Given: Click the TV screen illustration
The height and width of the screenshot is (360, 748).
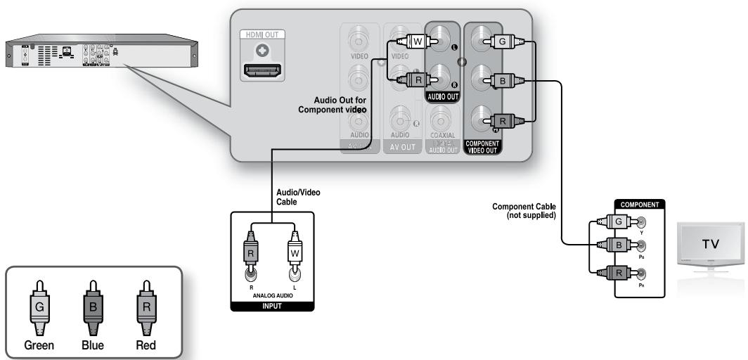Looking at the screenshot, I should coord(711,243).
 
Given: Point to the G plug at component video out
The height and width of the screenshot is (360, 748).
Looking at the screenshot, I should coord(504,41).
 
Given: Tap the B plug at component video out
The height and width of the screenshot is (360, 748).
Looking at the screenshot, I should coord(504,80).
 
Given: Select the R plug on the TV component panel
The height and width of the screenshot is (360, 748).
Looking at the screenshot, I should coord(609,271).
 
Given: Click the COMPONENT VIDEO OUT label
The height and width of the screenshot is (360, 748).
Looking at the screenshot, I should coord(482,147).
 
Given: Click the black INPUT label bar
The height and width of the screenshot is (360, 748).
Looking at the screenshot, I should coord(273,306).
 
